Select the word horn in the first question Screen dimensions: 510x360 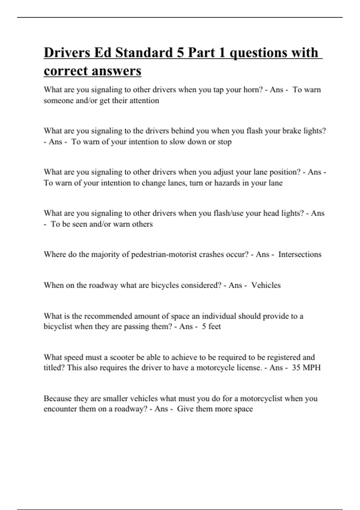[253, 90]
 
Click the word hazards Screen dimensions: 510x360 [227, 183]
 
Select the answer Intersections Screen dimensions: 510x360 [300, 254]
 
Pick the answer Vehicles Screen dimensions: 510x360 [266, 285]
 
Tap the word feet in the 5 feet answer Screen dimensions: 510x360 [214, 326]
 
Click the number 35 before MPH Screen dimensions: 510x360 [296, 367]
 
